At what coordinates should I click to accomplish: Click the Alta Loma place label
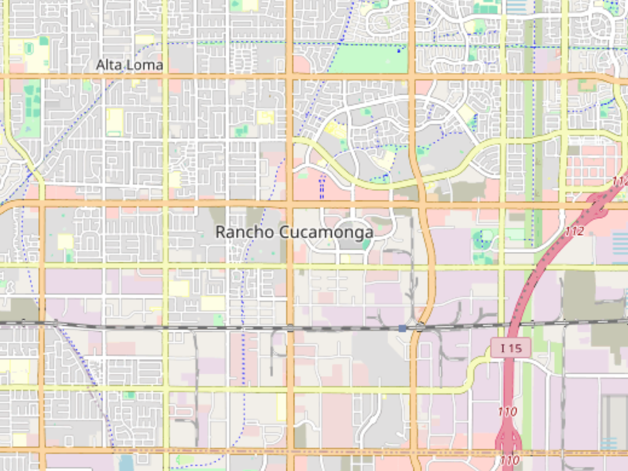point(129,65)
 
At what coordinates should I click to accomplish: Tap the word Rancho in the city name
point(244,232)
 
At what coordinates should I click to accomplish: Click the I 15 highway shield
point(511,348)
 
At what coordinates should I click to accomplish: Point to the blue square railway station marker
point(402,328)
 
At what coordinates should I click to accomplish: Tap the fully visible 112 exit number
point(574,231)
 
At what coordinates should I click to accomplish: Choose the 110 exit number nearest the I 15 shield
point(507,411)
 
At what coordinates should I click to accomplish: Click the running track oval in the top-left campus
point(29,49)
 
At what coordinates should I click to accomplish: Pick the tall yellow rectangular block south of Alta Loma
point(115,121)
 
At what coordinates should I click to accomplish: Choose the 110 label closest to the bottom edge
point(509,461)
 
